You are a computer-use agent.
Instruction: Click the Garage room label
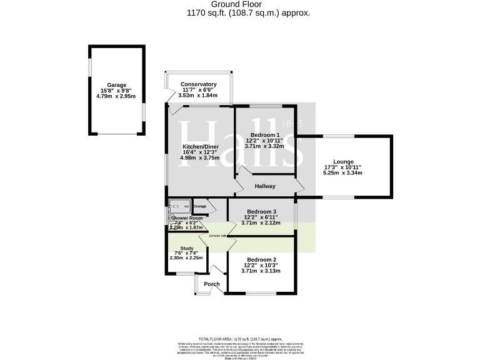pos(116,85)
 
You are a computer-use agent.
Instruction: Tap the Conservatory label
pos(198,84)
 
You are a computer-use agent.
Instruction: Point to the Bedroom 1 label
pos(265,135)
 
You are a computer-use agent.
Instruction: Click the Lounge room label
pos(342,161)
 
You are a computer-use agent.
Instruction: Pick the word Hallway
pos(265,186)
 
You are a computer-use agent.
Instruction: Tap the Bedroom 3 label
pos(261,211)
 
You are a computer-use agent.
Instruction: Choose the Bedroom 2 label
pos(261,259)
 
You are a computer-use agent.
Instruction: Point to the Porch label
pos(212,284)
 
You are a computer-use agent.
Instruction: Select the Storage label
pos(200,206)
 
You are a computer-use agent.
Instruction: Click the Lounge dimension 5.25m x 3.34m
pos(342,172)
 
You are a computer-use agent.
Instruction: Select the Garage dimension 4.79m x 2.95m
pos(116,97)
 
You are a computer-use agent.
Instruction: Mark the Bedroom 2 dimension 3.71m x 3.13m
pos(261,271)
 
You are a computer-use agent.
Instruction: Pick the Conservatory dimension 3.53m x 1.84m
pos(198,96)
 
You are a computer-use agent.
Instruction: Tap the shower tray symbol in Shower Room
pos(180,206)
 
